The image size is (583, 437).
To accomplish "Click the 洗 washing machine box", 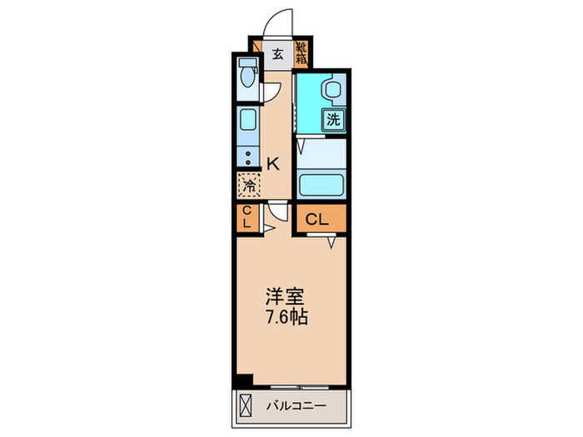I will click(333, 119).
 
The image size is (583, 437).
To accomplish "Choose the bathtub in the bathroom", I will click(321, 183).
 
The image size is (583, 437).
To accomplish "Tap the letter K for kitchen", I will click(272, 163).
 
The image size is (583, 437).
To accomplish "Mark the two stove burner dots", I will click(247, 156).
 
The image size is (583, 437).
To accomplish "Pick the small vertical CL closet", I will click(247, 218).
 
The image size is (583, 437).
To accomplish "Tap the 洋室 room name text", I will click(284, 297).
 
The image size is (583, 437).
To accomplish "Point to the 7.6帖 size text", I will click(284, 317).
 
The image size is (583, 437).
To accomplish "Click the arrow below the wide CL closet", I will click(331, 242).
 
